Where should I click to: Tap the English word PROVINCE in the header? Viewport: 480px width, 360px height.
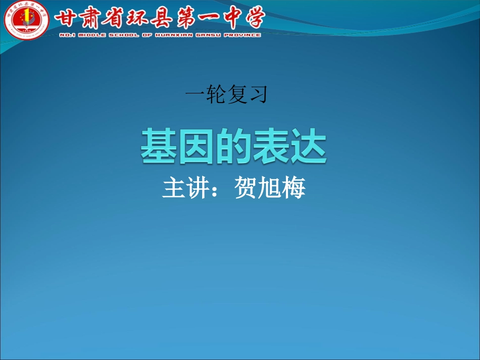(x=242, y=35)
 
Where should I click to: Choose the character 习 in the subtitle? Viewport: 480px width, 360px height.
(x=257, y=95)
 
